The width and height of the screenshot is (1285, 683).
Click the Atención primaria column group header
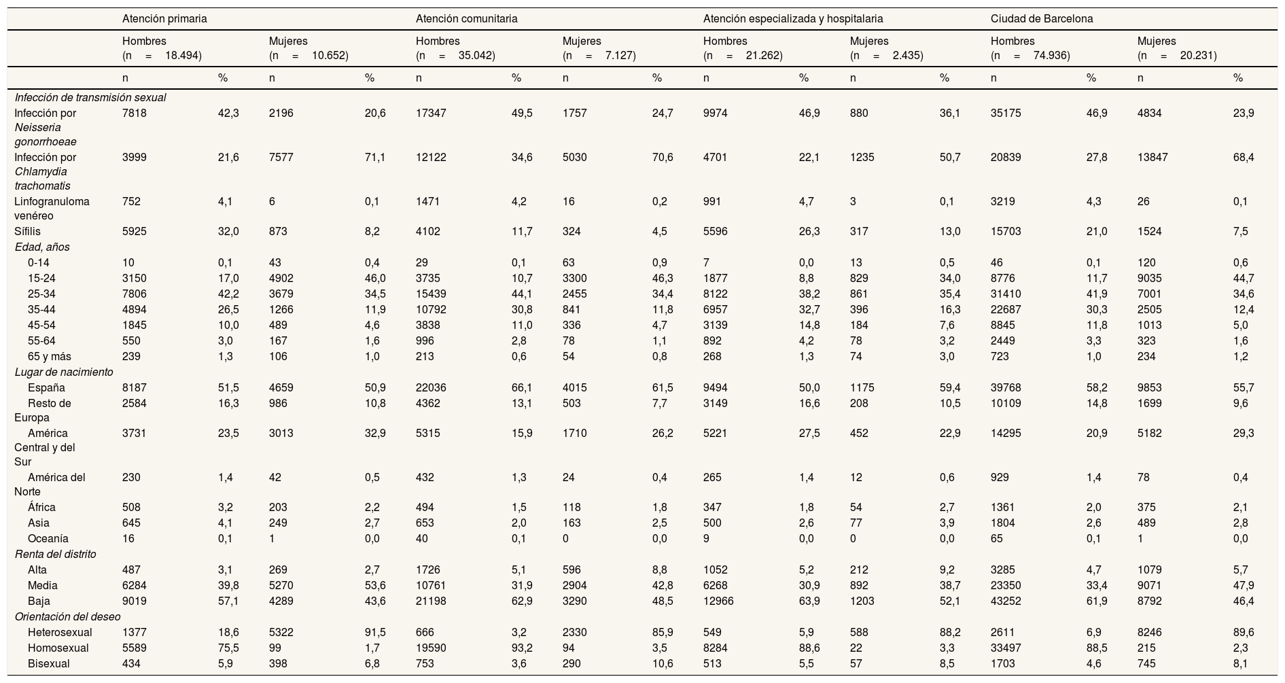coord(164,19)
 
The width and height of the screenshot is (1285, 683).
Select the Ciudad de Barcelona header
coord(1042,19)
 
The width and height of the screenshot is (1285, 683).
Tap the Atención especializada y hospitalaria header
coord(793,19)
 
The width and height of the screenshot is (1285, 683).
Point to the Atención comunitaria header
coord(466,19)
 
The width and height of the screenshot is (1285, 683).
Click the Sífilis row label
coord(27,231)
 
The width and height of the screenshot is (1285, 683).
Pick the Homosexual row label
coord(58,648)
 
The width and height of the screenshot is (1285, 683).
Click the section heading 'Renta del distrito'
coord(55,554)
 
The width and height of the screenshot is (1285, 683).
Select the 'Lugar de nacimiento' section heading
coord(64,372)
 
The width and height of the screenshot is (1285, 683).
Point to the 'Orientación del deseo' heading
coord(68,617)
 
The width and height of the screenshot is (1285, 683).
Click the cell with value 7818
coord(134,113)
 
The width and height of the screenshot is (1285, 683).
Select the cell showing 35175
coord(1005,113)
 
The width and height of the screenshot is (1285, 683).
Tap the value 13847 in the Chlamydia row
coord(1152,158)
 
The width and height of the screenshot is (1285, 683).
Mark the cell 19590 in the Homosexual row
coord(430,648)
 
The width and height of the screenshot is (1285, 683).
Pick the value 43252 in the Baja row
coord(1005,601)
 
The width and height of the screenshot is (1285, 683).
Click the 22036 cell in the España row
coord(430,388)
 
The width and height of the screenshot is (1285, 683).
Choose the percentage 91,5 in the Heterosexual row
coord(375,633)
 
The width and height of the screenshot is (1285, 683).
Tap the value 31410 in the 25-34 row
coord(1005,294)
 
